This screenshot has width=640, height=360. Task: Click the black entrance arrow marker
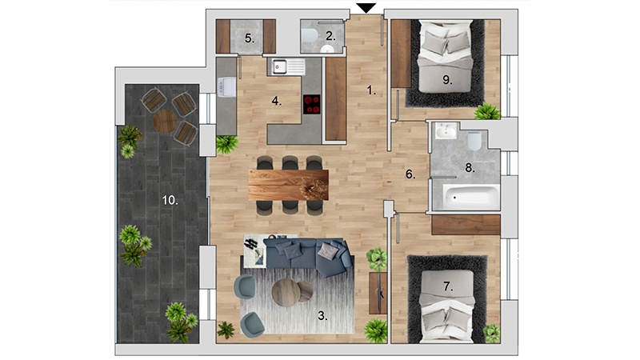[366, 8]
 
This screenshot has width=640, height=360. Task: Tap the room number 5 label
[250, 38]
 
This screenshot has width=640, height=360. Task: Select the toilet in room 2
[310, 35]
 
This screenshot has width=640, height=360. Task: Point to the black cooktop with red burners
[312, 104]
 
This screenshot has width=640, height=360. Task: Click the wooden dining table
[289, 185]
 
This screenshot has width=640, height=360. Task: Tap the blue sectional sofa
[307, 255]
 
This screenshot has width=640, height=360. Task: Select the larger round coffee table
[286, 293]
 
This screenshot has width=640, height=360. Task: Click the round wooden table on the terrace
[166, 122]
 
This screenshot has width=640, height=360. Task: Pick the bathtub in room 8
[471, 196]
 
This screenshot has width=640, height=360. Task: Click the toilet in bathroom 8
[474, 141]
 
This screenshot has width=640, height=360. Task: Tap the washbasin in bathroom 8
[445, 130]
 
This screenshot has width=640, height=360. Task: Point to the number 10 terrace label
[170, 201]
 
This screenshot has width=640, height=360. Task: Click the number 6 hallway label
[410, 174]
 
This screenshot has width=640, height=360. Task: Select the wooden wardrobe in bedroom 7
[466, 225]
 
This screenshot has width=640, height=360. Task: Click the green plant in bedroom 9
[487, 111]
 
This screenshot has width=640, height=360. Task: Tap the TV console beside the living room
[378, 293]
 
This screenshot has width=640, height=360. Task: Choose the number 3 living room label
[322, 315]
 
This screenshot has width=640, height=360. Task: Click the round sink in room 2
[327, 50]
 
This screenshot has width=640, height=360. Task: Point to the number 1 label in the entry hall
[370, 90]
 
